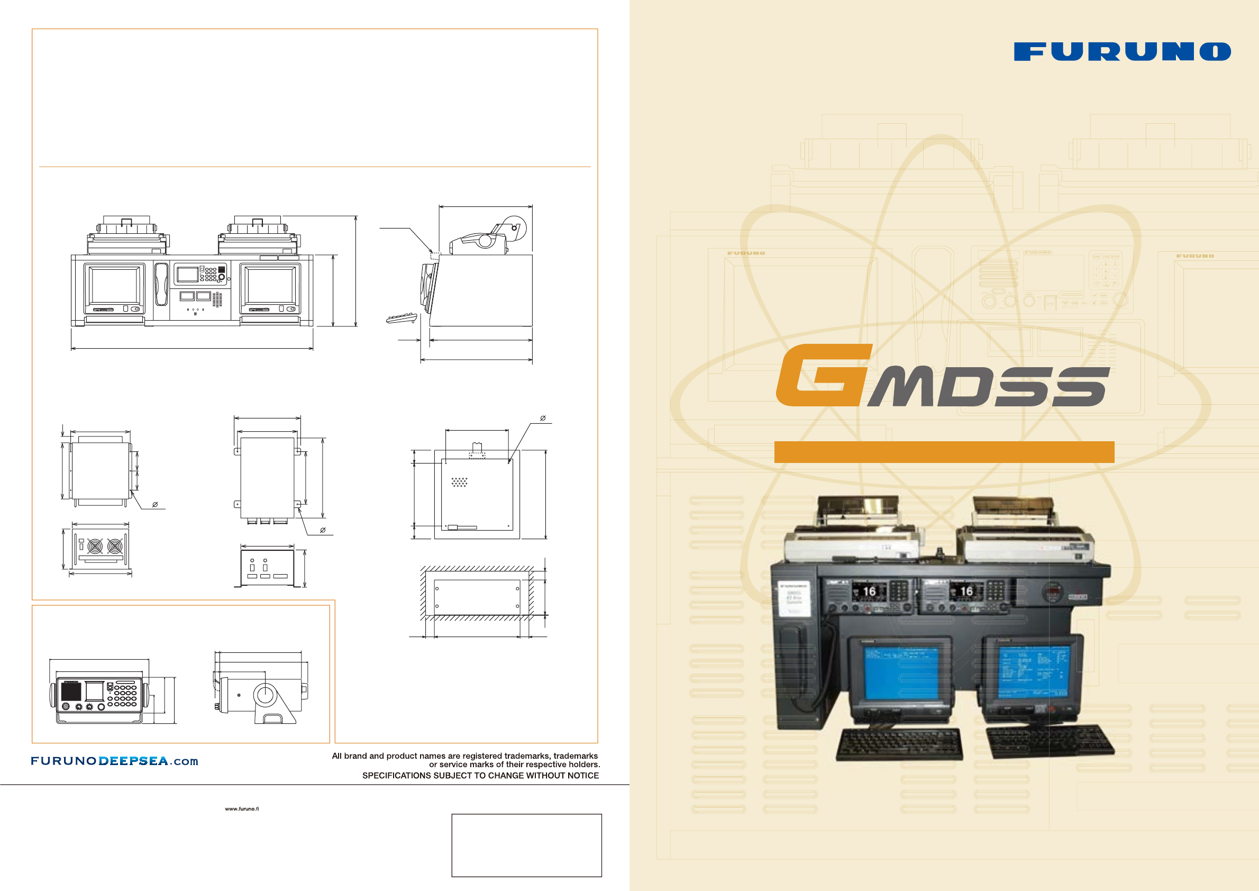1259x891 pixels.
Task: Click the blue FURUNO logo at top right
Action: [1122, 51]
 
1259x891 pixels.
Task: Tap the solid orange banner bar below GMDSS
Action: [944, 451]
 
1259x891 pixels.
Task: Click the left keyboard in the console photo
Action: [899, 743]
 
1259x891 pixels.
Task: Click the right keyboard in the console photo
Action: [1050, 741]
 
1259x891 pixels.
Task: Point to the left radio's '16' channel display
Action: [869, 592]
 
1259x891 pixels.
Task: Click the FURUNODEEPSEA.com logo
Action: [114, 761]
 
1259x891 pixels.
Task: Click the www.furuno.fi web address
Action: [242, 808]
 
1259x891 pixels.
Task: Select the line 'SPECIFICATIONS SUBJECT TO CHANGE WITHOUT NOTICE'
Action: [480, 775]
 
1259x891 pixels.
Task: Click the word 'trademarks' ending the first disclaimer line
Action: [576, 756]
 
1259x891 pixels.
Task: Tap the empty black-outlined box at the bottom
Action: [526, 845]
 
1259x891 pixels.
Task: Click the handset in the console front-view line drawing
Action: [161, 284]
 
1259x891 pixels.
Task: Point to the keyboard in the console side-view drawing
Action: [402, 317]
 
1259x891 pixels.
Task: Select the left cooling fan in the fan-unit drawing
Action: [95, 547]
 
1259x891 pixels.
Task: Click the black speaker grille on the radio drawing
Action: [71, 692]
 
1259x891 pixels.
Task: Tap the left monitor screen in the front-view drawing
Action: [115, 285]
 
